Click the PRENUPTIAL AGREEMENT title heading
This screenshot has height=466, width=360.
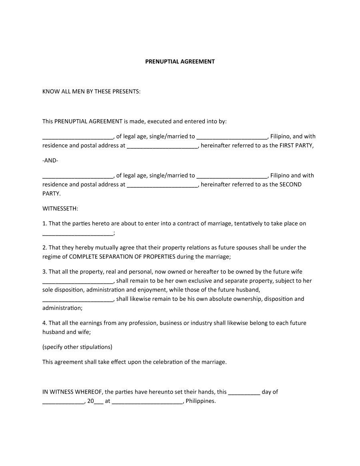(x=180, y=62)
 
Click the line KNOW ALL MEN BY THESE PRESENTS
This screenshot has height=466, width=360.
(x=91, y=92)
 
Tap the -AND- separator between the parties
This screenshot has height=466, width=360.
(x=50, y=160)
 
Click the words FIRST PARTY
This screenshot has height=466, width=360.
(x=296, y=146)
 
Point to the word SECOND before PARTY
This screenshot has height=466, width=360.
(x=290, y=184)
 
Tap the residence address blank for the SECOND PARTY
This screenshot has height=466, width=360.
(x=162, y=185)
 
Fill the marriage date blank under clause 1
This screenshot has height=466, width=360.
(x=78, y=233)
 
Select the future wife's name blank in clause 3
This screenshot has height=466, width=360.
(x=78, y=281)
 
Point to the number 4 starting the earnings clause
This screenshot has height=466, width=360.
(x=44, y=323)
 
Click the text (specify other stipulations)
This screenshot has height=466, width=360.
(x=77, y=347)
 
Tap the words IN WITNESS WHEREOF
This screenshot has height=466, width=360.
(x=72, y=392)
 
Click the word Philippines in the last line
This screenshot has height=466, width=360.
(x=200, y=401)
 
